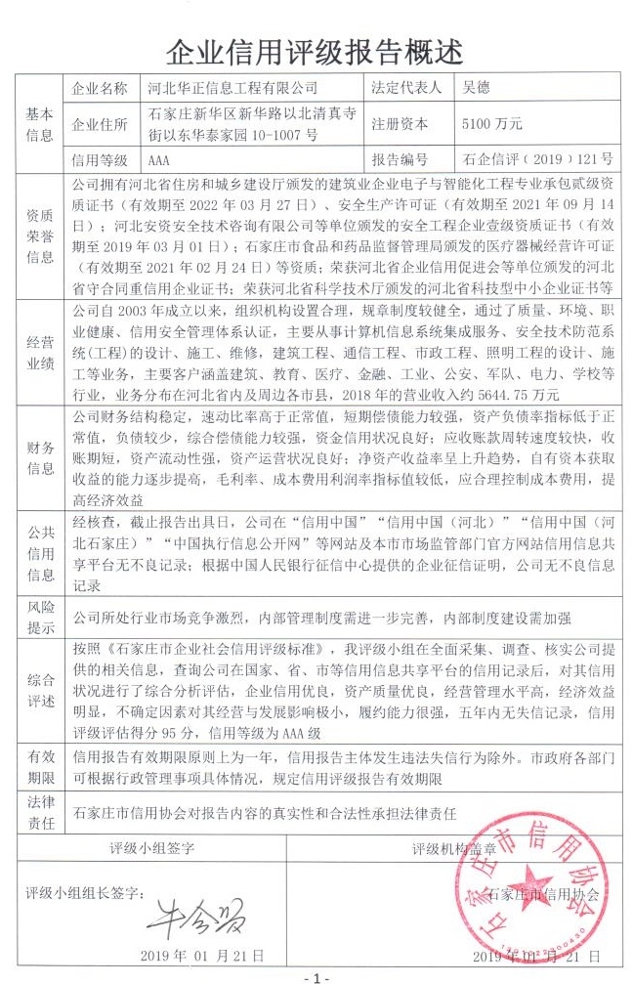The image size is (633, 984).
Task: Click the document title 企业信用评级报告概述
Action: [x=316, y=51]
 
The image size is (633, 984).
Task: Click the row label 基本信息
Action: [x=39, y=124]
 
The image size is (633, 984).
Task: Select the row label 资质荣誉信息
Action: [x=39, y=235]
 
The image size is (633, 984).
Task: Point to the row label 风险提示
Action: [x=39, y=617]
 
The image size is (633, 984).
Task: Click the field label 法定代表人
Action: [x=407, y=88]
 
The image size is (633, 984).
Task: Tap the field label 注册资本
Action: [x=400, y=124]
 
